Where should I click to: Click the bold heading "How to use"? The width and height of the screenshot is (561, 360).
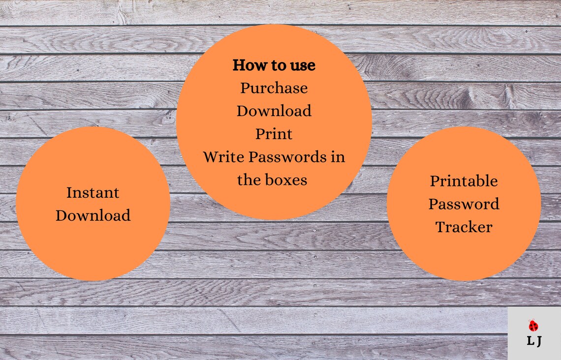coord(274,65)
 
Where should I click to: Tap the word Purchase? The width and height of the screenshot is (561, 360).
coord(274,89)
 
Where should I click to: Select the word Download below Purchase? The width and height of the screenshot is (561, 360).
coord(274,111)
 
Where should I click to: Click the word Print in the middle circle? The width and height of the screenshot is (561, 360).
coord(274,134)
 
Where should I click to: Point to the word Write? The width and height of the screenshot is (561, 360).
coord(223,157)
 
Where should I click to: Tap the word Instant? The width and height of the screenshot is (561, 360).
coord(93,192)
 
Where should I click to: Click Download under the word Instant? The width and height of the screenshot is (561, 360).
coord(93,215)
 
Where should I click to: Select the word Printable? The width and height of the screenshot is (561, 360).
coord(464,181)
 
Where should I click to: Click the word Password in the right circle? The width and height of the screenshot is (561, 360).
coord(464,204)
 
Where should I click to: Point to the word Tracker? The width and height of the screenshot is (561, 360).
coord(464,227)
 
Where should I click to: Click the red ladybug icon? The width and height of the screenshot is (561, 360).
coord(533,326)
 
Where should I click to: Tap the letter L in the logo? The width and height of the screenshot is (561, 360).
coord(530,341)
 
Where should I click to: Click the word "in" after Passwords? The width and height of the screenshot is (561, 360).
coord(338,157)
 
